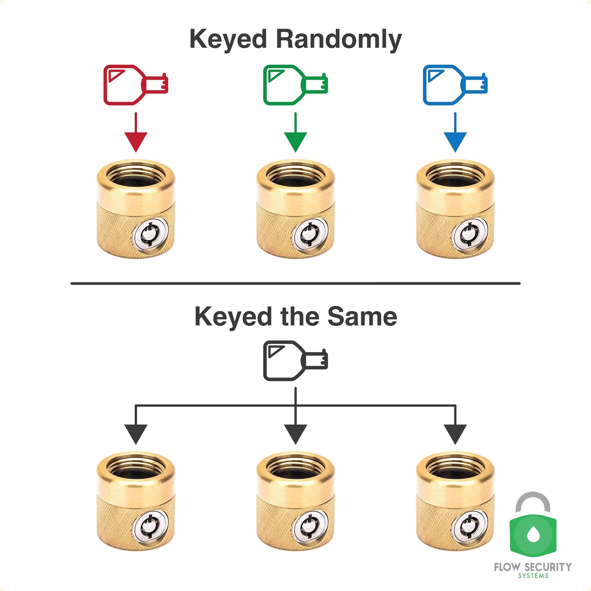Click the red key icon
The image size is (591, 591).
coord(135,85)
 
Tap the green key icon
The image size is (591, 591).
coord(295,85)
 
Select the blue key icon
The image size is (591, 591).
coord(455,85)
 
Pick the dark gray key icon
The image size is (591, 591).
coord(295,360)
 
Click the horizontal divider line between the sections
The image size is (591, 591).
coord(295,283)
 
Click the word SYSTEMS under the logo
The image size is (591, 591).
coord(533,576)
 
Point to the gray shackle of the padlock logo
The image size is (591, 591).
coord(533,501)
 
